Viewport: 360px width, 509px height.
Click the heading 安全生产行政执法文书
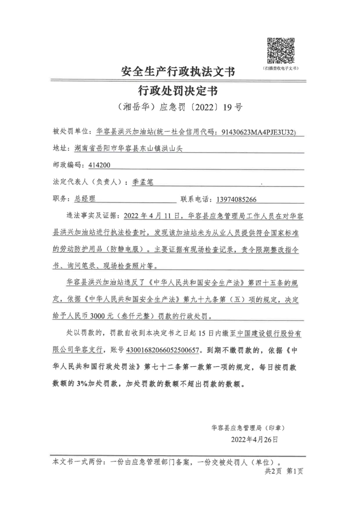click(x=178, y=72)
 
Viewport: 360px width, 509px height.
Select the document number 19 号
click(x=233, y=107)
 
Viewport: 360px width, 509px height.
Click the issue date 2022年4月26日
click(x=254, y=439)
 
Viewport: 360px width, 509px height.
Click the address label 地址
click(x=60, y=148)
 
